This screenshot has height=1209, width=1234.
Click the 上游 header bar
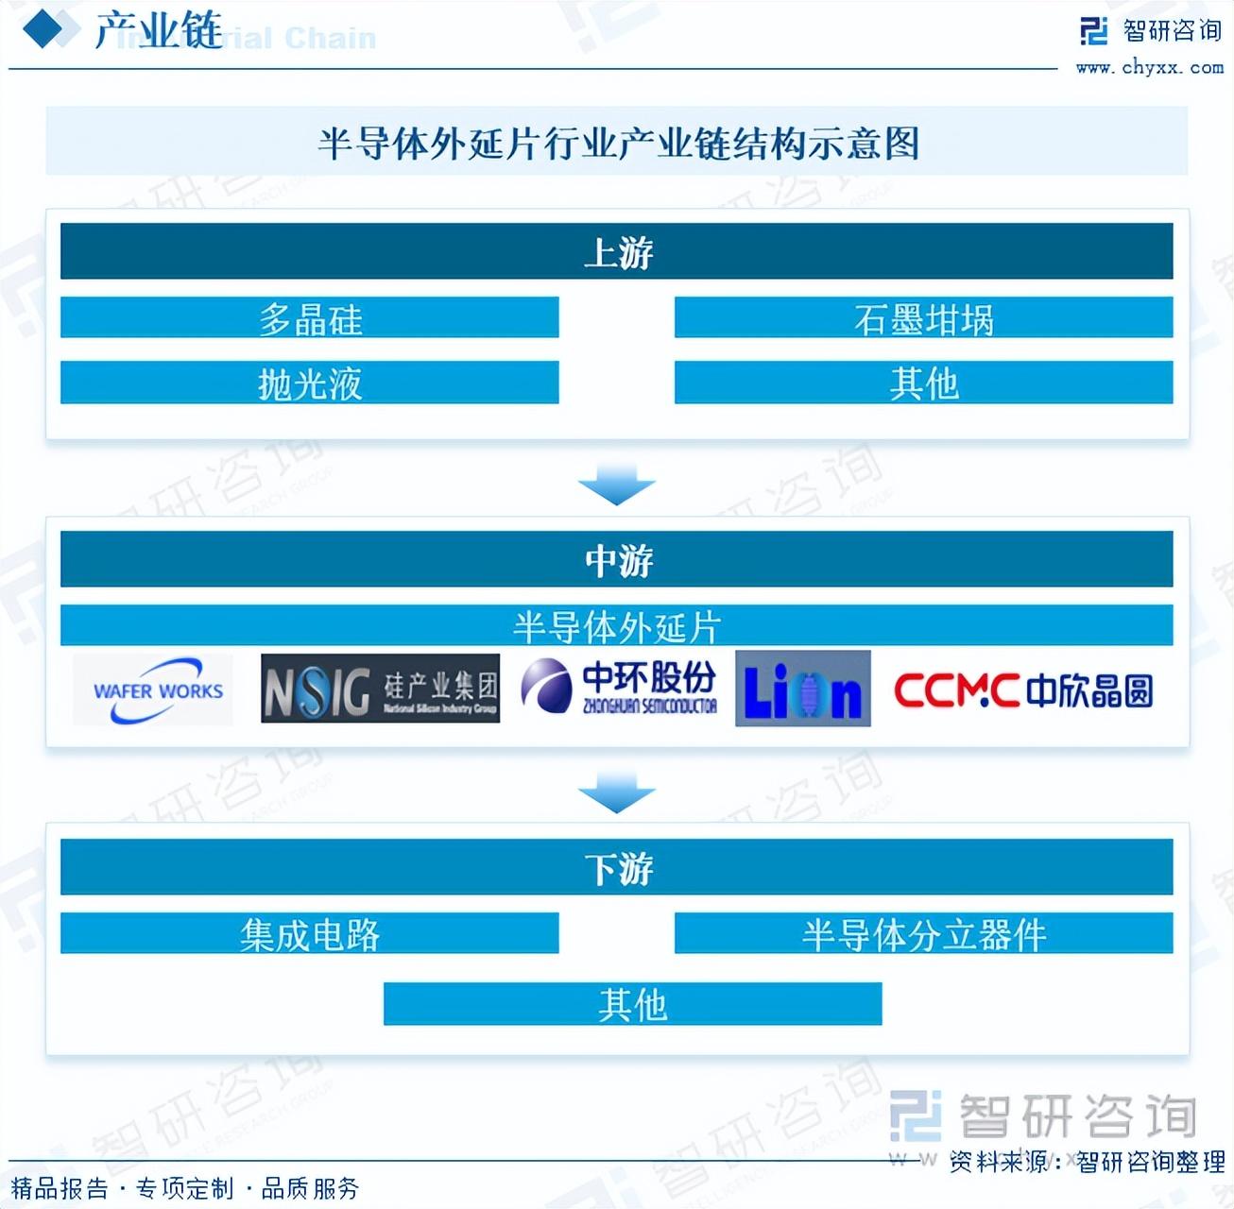pyautogui.click(x=616, y=251)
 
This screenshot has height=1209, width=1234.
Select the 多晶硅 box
pyautogui.click(x=309, y=318)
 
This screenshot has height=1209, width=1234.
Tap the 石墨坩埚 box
pyautogui.click(x=923, y=318)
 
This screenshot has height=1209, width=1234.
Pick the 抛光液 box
pyautogui.click(x=309, y=383)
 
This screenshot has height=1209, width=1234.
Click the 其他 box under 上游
pyautogui.click(x=923, y=383)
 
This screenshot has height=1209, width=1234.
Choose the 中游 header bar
pyautogui.click(x=616, y=559)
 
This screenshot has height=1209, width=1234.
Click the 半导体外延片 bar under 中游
pyautogui.click(x=616, y=625)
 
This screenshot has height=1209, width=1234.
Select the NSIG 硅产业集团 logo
pyautogui.click(x=380, y=690)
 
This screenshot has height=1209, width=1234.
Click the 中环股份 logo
pyautogui.click(x=620, y=688)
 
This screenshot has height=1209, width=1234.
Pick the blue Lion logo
pyautogui.click(x=802, y=689)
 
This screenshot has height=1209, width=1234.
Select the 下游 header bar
pyautogui.click(x=616, y=867)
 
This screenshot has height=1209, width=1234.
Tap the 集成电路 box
pyautogui.click(x=309, y=933)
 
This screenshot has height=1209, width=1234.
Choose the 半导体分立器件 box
pyautogui.click(x=923, y=933)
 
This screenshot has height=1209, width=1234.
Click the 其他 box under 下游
pyautogui.click(x=632, y=1003)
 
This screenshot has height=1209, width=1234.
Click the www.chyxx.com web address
pyautogui.click(x=1149, y=68)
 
